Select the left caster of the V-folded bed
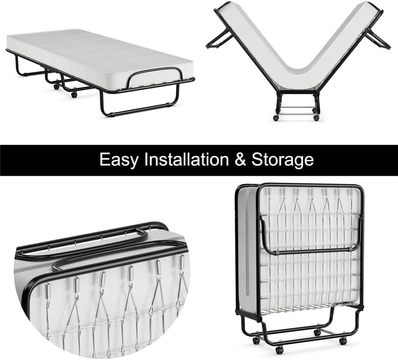pyautogui.click(x=276, y=118)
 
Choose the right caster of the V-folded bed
pyautogui.click(x=316, y=118)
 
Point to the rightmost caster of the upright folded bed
pyautogui.click(x=343, y=341)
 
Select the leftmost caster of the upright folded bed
pyautogui.click(x=256, y=340)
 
